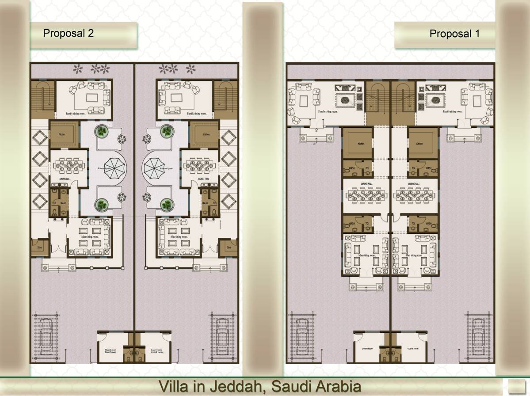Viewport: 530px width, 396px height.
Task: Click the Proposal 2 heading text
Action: (x=68, y=34)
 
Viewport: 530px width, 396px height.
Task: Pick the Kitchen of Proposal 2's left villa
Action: (x=64, y=134)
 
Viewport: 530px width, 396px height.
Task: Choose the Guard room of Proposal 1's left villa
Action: (x=368, y=347)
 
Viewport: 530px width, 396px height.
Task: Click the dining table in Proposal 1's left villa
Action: (x=366, y=194)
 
